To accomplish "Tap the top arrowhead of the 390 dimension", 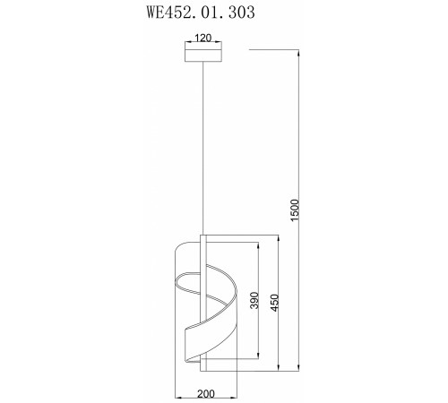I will [262, 243].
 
